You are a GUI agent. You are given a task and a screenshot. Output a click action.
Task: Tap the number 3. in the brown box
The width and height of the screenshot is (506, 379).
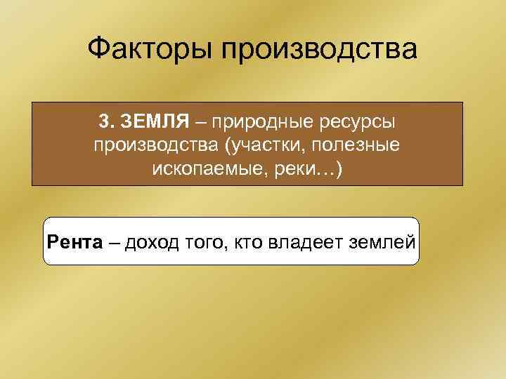pos(108,122)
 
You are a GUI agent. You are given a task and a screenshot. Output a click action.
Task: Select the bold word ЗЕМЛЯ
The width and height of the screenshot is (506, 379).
pos(155,122)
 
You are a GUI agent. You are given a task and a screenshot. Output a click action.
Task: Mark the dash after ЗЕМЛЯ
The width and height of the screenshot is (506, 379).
pos(202,123)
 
